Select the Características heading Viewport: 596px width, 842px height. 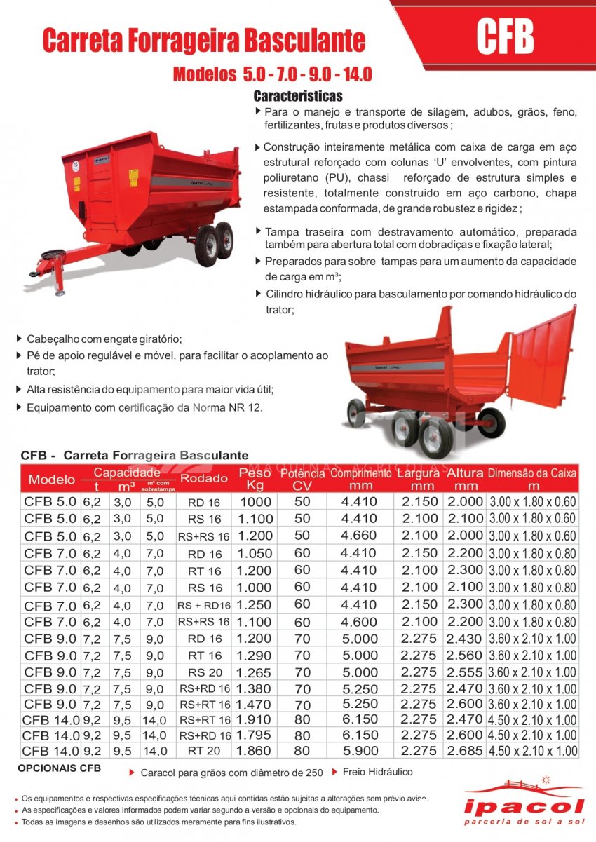(x=297, y=96)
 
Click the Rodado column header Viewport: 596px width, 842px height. (x=204, y=479)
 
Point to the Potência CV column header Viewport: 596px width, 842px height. (x=302, y=480)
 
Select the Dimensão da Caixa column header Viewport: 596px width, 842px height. (x=533, y=480)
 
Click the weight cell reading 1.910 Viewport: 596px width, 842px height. (x=255, y=719)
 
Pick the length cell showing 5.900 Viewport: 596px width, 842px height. (x=358, y=751)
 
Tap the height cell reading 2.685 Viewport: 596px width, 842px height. (x=465, y=751)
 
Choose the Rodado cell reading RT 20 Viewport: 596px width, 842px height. (x=204, y=751)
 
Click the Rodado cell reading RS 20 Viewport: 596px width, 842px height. (x=204, y=672)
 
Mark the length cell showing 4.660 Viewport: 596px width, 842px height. (x=358, y=536)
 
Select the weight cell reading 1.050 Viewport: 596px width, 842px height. (x=255, y=553)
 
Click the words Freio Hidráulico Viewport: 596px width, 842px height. (x=377, y=772)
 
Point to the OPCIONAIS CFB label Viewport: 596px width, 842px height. (x=59, y=768)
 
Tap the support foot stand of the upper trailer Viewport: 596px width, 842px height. (x=60, y=281)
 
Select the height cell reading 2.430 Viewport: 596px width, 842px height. (x=465, y=639)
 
